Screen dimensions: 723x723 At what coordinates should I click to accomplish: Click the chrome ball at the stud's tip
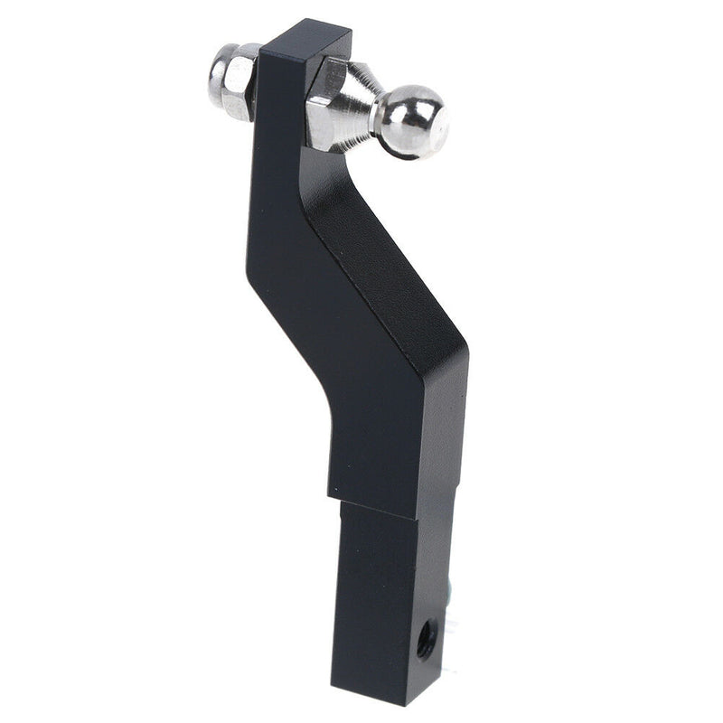pyautogui.click(x=411, y=122)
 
